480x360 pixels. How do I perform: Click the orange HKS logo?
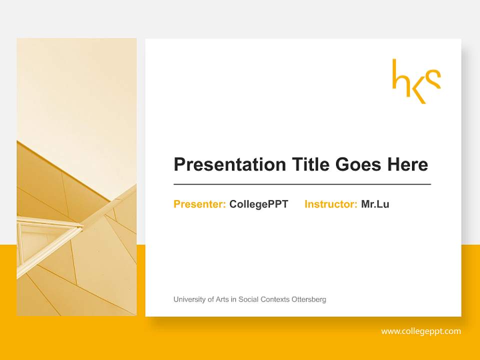[416, 81]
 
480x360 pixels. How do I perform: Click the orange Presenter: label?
[199, 204]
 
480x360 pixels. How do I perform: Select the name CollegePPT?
[258, 204]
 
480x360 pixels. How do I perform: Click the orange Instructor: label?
[330, 204]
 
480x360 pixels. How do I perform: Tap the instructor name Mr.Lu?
[375, 204]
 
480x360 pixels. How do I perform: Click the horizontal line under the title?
[302, 184]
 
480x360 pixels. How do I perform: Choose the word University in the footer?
[189, 299]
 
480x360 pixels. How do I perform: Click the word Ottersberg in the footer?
[309, 299]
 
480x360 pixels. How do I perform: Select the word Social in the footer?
[248, 299]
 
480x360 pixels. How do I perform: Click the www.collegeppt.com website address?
[421, 331]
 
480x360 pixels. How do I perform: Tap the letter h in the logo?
[399, 75]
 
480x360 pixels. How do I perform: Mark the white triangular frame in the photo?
[47, 235]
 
